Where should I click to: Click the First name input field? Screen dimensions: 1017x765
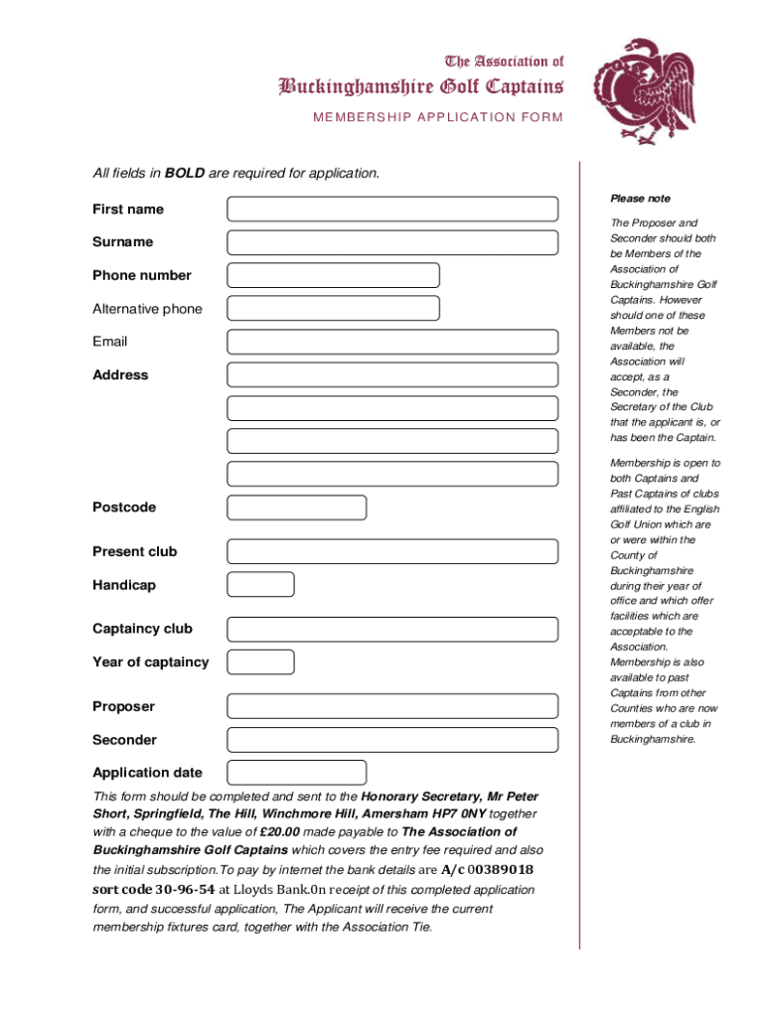392,209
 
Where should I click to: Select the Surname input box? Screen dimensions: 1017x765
392,242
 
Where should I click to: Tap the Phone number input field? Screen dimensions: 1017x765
333,275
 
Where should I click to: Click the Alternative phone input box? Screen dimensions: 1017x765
333,309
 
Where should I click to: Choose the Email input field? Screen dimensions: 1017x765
392,342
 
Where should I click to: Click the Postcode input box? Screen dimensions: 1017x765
296,508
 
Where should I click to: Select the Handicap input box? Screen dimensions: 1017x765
260,585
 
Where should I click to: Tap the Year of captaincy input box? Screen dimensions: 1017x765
260,662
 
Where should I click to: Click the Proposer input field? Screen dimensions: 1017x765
392,706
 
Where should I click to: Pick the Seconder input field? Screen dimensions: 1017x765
392,740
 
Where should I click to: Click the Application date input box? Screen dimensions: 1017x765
296,773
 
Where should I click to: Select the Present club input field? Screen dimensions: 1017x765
392,551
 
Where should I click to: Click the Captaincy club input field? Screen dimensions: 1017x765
392,629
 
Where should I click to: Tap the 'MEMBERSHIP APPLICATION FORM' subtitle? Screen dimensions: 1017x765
438,117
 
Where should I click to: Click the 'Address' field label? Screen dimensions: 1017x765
120,375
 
